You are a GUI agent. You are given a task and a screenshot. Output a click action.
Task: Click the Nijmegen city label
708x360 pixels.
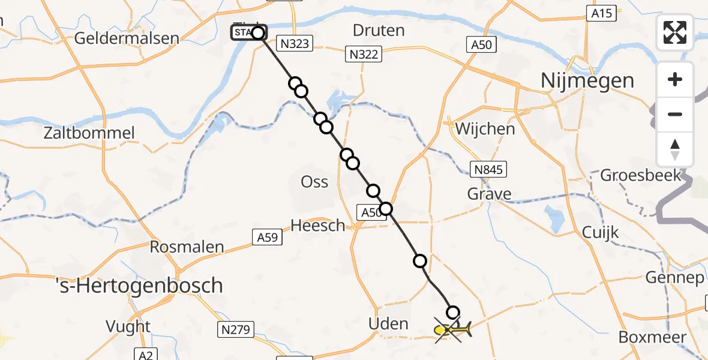coord(587,80)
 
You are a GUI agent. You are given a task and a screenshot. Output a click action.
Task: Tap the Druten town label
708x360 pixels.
coord(378,30)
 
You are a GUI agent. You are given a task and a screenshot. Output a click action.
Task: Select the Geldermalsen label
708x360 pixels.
coord(127,38)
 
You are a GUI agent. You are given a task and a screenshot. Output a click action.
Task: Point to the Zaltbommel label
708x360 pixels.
coord(89,133)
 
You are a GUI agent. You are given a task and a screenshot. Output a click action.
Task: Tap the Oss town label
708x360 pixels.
coord(315,181)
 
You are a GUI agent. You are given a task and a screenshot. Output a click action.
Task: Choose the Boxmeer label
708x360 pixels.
coord(652,337)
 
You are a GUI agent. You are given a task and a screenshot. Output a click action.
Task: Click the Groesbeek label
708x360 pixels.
coord(641,175)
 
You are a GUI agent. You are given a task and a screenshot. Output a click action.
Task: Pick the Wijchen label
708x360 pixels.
coord(485,128)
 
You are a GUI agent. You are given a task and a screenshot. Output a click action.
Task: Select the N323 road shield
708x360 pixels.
coord(294,43)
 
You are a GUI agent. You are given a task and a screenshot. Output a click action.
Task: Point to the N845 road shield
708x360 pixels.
coord(488,170)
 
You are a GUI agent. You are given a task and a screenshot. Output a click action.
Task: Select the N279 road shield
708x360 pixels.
coord(235,329)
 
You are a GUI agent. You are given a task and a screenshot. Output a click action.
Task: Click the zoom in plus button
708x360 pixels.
coord(675,79)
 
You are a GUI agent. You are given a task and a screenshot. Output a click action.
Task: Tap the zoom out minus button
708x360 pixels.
coord(675,114)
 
